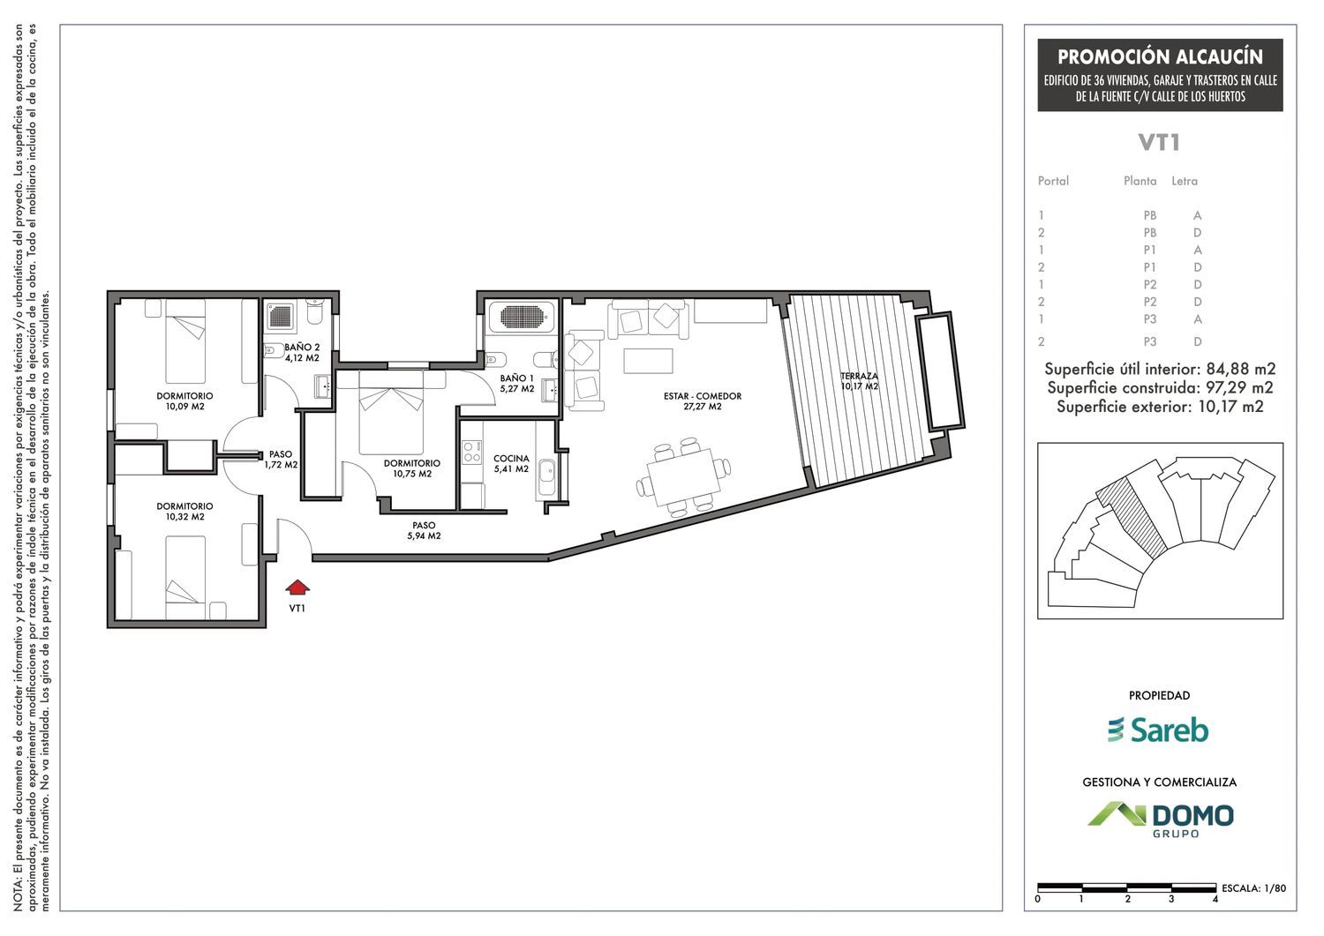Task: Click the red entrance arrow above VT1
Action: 297,588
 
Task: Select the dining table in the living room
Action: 684,477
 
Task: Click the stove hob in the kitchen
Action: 471,452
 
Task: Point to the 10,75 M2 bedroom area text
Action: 412,474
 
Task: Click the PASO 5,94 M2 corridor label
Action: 424,531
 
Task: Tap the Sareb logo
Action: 1158,730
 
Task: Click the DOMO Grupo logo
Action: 1161,820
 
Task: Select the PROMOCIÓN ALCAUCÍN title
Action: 1161,56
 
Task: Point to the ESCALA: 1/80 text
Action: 1253,888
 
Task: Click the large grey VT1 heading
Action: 1159,142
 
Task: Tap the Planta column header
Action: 1140,181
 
